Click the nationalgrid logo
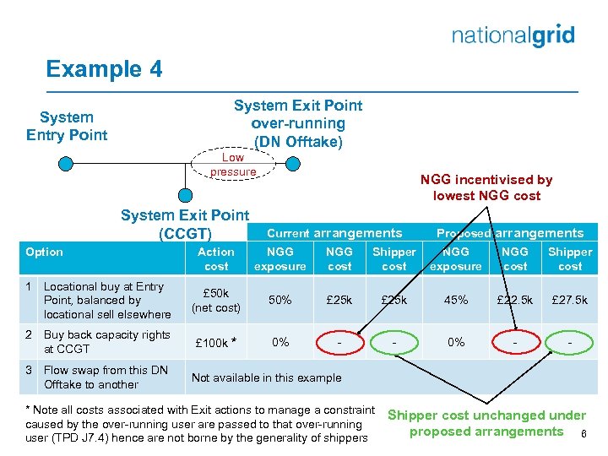tap(513, 35)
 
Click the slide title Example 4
tap(104, 68)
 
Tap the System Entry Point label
tap(67, 126)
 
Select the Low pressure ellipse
tap(233, 165)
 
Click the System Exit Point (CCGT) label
tap(185, 225)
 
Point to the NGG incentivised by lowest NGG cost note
tap(486, 187)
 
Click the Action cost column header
tap(216, 259)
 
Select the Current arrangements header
tap(334, 233)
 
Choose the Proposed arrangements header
tap(509, 233)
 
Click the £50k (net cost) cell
tap(216, 301)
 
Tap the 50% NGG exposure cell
tap(280, 301)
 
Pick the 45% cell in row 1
tap(456, 301)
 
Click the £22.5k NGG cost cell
tap(515, 301)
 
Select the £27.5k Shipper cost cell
tap(570, 301)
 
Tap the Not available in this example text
tap(267, 377)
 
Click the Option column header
tap(45, 252)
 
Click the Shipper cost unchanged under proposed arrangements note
tap(486, 424)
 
